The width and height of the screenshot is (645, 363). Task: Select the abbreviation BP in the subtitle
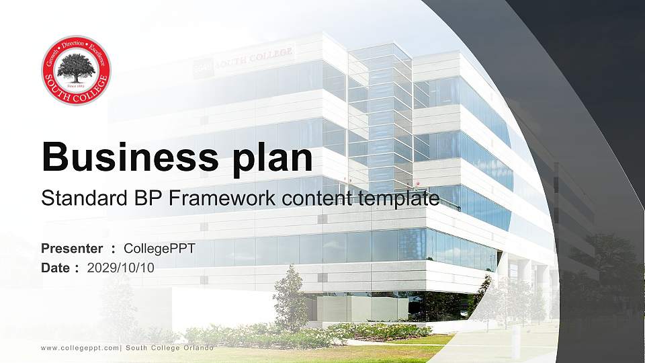(x=136, y=198)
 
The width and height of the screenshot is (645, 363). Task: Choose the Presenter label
(x=72, y=249)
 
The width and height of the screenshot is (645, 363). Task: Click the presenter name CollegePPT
(x=159, y=249)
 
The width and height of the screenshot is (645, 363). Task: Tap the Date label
(x=56, y=268)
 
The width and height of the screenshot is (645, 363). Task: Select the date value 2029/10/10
(x=121, y=268)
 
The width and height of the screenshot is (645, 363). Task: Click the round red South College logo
(x=76, y=71)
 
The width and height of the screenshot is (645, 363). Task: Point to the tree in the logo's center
(x=76, y=68)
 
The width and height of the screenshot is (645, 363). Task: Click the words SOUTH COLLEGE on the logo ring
(x=76, y=93)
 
